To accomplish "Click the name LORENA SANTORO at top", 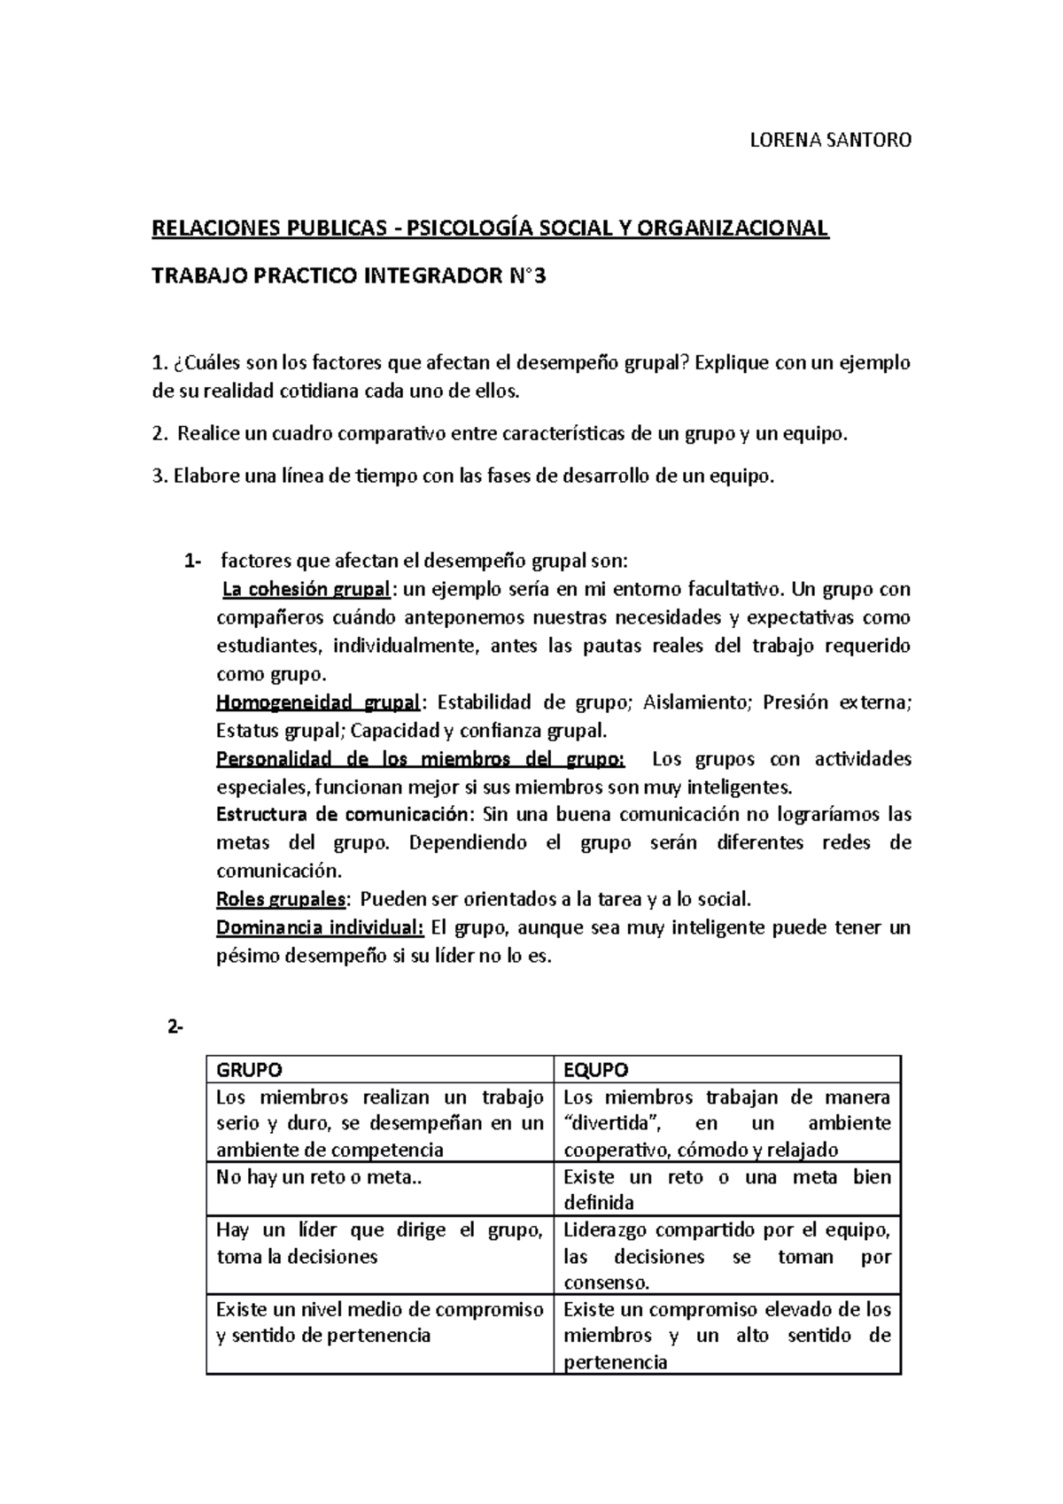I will [830, 140].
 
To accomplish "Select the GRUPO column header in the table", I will [250, 1069].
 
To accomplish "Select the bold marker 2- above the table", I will [173, 1027].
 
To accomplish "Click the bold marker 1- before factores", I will [191, 561].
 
